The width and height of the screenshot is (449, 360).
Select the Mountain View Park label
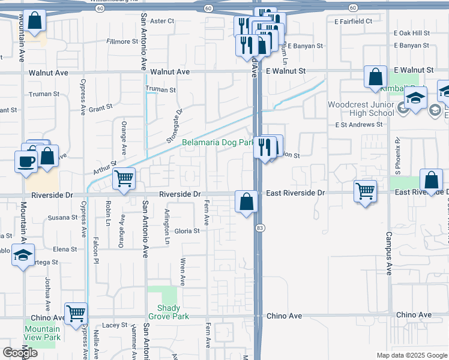(43, 333)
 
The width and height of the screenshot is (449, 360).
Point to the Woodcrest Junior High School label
(361, 109)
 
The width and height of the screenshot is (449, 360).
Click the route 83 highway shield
(259, 228)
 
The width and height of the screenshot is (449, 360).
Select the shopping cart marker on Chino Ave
(76, 313)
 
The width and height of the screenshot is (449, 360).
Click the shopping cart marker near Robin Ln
(124, 178)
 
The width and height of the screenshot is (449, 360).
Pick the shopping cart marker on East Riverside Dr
(366, 191)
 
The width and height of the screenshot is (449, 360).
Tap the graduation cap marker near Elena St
(23, 255)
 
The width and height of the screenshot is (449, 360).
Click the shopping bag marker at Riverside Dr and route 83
(246, 201)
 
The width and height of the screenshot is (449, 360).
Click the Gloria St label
(187, 231)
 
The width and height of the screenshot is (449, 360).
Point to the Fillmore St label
(122, 41)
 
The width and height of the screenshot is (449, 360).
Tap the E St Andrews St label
(359, 125)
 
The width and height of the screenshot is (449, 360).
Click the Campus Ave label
(389, 254)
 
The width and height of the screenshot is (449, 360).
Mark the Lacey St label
(115, 325)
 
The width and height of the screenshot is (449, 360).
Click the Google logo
(20, 353)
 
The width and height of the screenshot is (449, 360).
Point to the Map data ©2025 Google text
(411, 355)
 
